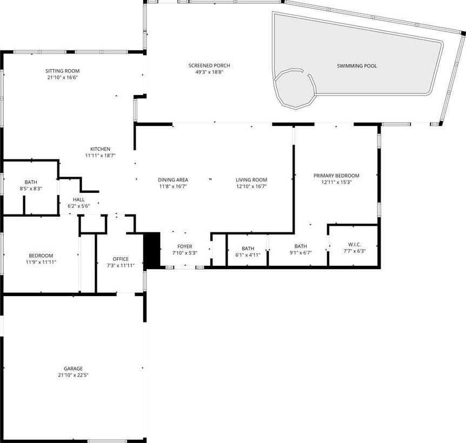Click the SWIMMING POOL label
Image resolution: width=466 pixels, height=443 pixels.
[357, 66]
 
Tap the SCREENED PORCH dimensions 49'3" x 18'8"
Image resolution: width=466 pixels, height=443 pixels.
[209, 72]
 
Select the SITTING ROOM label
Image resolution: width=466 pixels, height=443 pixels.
[62, 71]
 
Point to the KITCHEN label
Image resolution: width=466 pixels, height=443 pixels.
[100, 149]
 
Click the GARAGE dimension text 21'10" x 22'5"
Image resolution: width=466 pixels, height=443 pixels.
[73, 375]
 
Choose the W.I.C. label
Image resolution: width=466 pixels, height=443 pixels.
[355, 245]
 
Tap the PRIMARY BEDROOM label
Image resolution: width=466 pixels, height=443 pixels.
[336, 176]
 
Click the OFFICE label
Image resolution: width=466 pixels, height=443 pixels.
[121, 259]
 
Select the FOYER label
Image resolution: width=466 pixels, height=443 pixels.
[184, 246]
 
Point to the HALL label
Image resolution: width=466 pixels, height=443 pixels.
[79, 199]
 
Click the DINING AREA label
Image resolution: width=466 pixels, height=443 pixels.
[173, 180]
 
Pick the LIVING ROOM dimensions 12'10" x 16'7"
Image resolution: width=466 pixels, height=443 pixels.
[251, 186]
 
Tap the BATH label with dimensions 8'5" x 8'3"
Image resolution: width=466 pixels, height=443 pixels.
[31, 182]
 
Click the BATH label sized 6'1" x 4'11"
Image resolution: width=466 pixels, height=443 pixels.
[248, 249]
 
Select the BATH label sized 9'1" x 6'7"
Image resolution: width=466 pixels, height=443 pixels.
[301, 246]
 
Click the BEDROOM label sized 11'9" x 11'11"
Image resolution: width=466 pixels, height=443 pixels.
[41, 256]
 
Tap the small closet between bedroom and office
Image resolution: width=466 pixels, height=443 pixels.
[88, 263]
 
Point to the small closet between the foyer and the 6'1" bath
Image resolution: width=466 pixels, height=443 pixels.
[219, 250]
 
